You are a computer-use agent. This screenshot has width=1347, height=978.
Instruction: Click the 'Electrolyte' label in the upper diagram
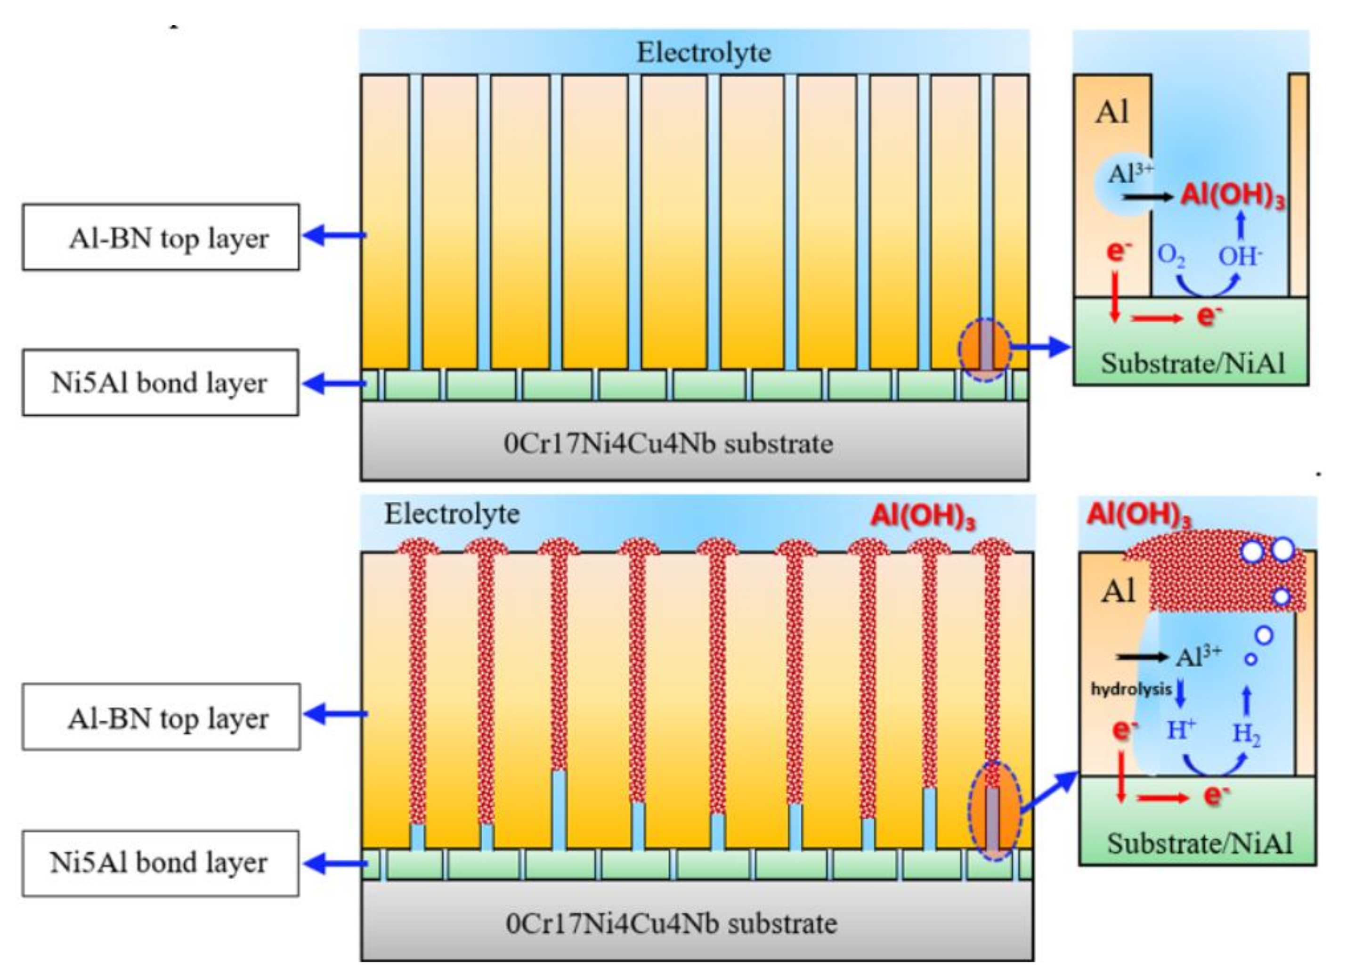(x=704, y=52)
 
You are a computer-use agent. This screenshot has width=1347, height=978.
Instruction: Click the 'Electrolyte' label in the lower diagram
(x=451, y=513)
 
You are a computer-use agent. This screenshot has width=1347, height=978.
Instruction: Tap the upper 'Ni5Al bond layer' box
(x=160, y=383)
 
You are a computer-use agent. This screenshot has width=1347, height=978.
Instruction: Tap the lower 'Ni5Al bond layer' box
(x=160, y=863)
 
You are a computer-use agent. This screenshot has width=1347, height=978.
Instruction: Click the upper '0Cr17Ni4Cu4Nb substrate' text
(x=668, y=444)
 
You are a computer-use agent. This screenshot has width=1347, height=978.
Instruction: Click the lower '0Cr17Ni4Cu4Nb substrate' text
(x=671, y=923)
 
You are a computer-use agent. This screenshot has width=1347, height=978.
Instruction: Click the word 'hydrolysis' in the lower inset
(x=1131, y=689)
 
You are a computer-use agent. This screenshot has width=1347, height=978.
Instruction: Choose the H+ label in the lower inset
(x=1181, y=730)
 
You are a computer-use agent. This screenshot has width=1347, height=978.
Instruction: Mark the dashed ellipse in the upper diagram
(x=985, y=350)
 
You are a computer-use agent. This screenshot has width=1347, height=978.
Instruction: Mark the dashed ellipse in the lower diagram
(x=995, y=811)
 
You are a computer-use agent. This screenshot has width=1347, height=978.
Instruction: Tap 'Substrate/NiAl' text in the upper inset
(x=1193, y=363)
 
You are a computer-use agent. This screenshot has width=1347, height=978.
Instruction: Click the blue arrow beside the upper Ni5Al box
(x=334, y=383)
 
